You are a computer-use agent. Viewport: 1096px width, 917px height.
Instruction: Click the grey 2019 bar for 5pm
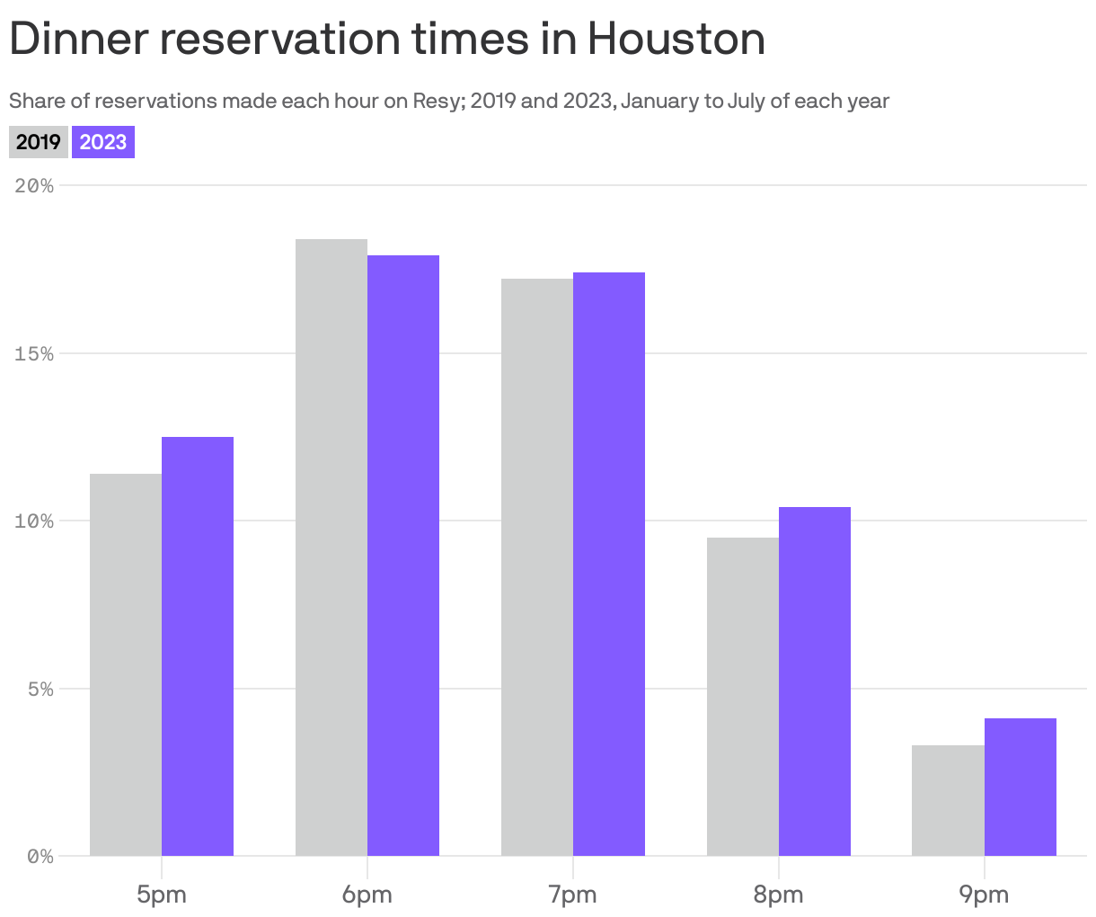pos(126,665)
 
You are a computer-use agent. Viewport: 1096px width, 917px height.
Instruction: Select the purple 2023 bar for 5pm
pos(198,647)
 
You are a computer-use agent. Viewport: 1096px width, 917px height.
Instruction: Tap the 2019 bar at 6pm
pos(331,548)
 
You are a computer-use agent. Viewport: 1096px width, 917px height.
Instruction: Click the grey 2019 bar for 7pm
pos(537,566)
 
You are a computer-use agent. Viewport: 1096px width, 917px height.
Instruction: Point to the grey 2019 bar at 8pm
pos(743,697)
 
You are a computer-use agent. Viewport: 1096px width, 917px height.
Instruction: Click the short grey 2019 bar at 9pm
pos(948,800)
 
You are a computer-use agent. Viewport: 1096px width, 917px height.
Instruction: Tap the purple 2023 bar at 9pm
pos(1021,787)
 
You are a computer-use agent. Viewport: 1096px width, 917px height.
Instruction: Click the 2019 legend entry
pos(39,142)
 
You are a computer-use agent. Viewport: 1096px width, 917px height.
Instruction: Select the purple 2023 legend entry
pos(103,142)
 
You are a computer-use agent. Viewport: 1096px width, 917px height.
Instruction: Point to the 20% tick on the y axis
pos(35,186)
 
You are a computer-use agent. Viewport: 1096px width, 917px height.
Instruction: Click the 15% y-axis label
pos(35,353)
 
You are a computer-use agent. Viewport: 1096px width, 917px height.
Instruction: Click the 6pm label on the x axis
pos(367,895)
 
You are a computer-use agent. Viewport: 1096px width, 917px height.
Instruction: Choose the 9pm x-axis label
pos(985,895)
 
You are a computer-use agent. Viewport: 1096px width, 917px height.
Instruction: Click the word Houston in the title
pos(676,40)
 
